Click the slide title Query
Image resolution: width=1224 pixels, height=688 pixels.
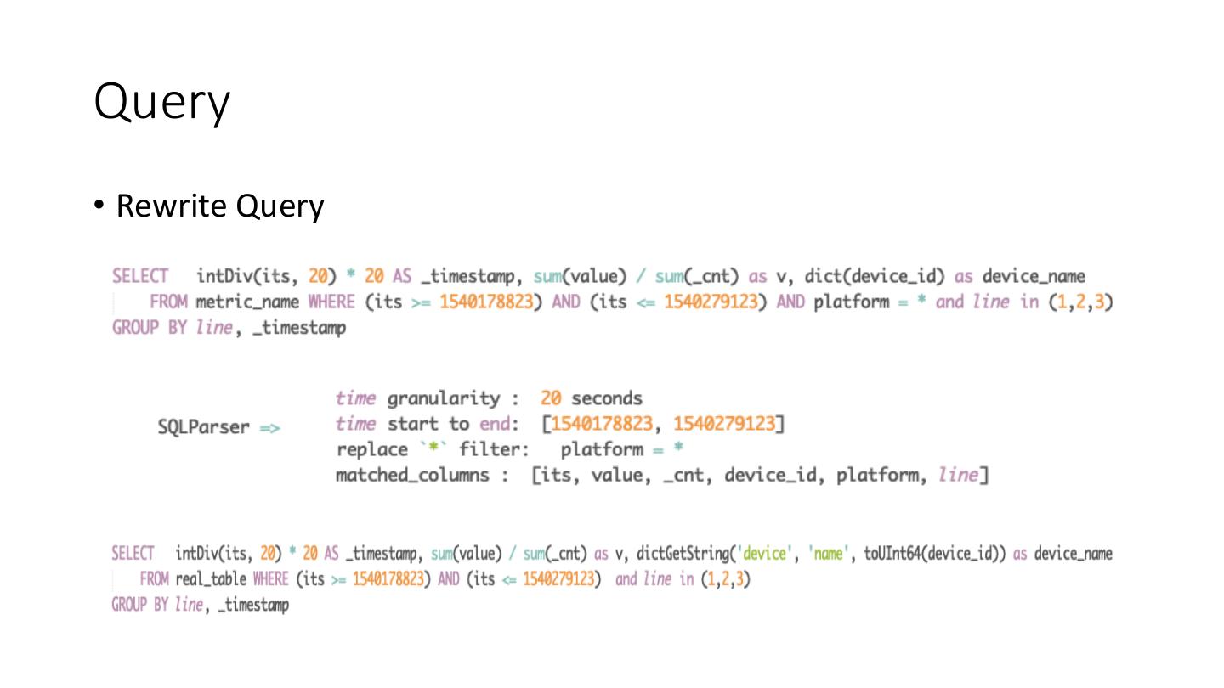[161, 103]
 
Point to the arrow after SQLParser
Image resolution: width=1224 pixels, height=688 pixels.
[269, 426]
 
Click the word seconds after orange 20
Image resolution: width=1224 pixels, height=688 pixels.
[606, 398]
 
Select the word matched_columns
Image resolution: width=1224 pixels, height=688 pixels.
[412, 475]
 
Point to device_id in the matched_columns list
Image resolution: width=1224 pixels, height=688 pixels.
[773, 475]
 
